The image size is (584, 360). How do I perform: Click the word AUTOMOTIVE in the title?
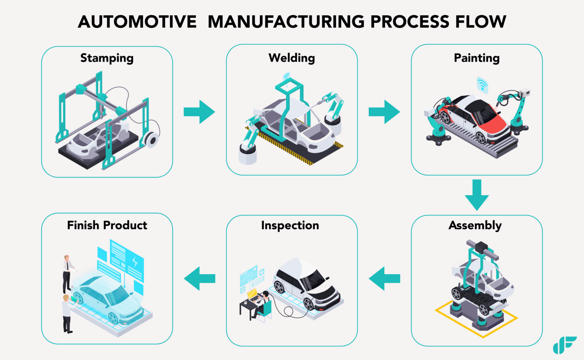[x=137, y=22]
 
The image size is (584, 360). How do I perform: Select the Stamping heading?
[x=107, y=58]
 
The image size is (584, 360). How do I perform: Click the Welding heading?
[x=292, y=58]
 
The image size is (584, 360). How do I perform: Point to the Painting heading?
[x=476, y=58]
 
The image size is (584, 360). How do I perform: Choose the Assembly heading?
[x=475, y=225]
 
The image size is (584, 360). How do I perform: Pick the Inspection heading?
[x=290, y=225]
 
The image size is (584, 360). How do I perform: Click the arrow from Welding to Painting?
[x=384, y=112]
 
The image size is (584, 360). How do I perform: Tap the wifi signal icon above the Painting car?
[x=482, y=84]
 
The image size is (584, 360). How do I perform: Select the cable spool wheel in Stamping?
[x=152, y=140]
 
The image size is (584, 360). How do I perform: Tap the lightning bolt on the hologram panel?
[x=135, y=262]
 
